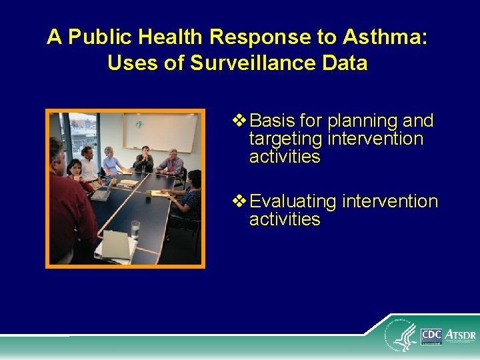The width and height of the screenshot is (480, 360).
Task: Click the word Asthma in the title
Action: coord(390,37)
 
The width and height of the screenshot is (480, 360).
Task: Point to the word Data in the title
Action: coord(345,63)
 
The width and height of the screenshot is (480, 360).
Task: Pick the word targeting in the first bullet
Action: coord(286,139)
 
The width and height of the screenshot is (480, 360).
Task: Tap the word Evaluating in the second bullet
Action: coord(293,201)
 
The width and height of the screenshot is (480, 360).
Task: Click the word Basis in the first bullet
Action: coord(273,121)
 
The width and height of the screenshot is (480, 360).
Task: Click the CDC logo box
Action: coord(431,335)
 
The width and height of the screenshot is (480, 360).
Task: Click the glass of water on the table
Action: coord(136,228)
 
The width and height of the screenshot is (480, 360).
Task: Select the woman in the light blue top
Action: coord(110,161)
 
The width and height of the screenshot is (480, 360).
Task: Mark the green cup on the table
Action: coord(114,180)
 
